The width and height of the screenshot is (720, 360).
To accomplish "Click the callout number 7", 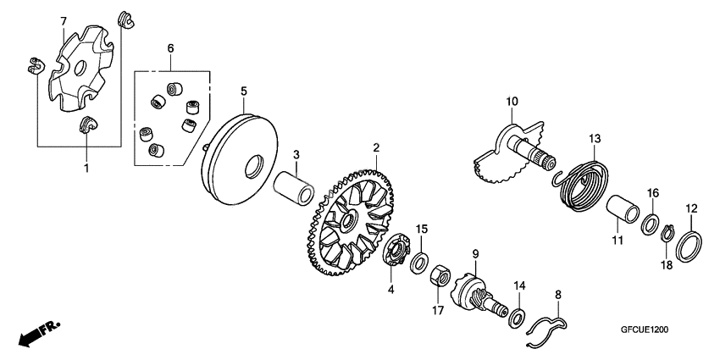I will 63,20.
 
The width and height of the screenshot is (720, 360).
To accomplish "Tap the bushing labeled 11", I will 626,208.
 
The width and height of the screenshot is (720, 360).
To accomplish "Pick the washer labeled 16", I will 649,224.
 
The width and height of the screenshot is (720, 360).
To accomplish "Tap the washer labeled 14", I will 516,318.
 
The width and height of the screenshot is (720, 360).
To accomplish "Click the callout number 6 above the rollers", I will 170,49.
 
